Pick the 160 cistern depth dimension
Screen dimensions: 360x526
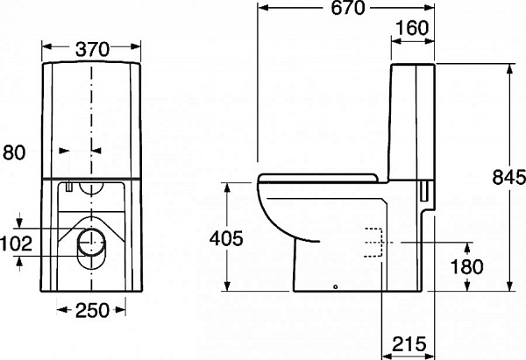[411, 28]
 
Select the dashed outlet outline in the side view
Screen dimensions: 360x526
[374, 242]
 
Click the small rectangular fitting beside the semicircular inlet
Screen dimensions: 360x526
[68, 186]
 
